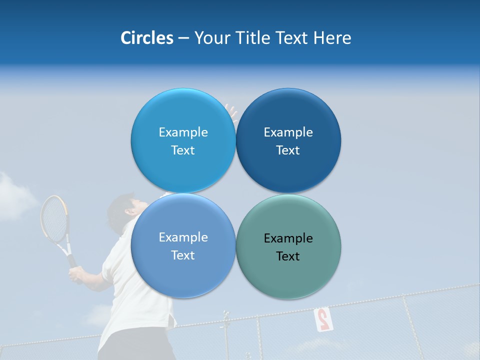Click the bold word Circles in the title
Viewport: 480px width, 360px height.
[x=146, y=38]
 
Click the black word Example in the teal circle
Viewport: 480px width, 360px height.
[x=288, y=238]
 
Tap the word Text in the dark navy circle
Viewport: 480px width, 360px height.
[x=288, y=150]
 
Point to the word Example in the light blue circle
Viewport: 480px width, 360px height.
[x=183, y=132]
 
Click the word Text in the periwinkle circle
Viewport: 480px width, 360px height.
[x=183, y=255]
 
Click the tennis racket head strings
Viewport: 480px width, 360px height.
[x=53, y=219]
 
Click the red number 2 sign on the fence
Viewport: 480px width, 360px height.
[x=323, y=319]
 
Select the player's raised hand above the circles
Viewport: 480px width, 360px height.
[x=231, y=111]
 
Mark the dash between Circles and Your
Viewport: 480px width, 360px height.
[x=183, y=38]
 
